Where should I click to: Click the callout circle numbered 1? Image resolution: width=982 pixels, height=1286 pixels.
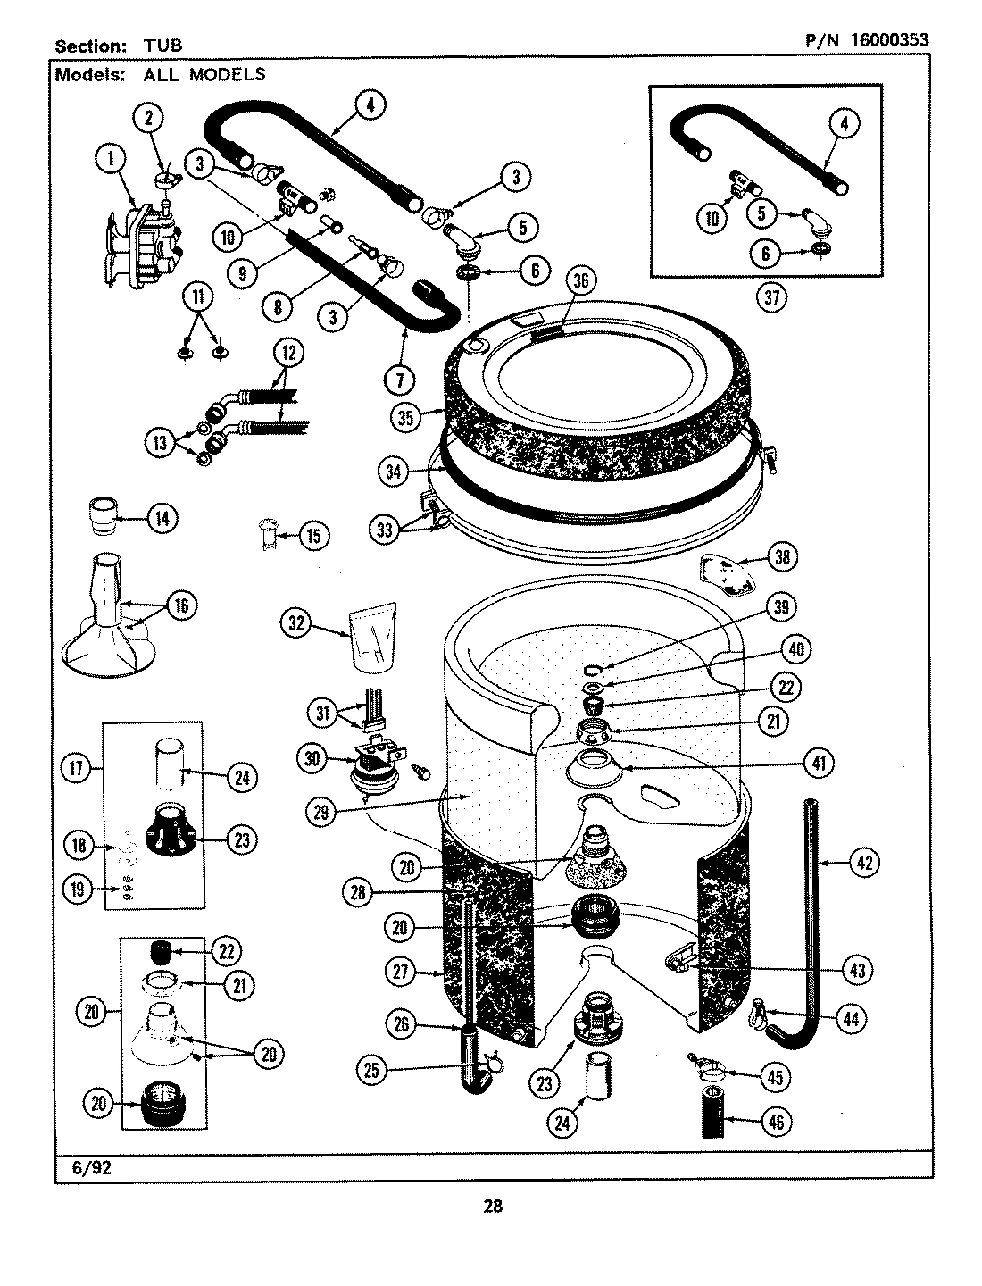pyautogui.click(x=110, y=161)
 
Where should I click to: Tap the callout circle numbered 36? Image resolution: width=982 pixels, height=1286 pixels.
pyautogui.click(x=580, y=280)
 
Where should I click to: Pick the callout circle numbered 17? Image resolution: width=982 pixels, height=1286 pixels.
pyautogui.click(x=78, y=769)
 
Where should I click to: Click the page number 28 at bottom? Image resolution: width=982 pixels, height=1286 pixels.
pyautogui.click(x=493, y=1207)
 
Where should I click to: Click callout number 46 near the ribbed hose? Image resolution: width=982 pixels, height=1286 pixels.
pyautogui.click(x=775, y=1122)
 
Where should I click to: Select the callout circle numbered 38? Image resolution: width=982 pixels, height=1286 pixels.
pyautogui.click(x=782, y=557)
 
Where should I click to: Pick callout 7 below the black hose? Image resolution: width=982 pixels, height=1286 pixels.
pyautogui.click(x=399, y=380)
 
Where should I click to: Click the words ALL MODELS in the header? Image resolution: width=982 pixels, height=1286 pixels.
pyautogui.click(x=204, y=75)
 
